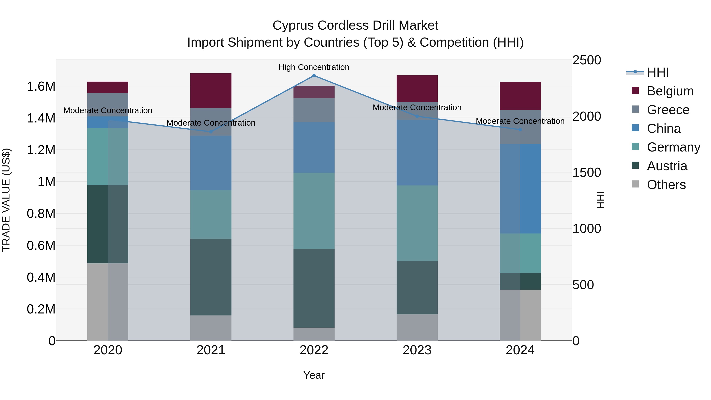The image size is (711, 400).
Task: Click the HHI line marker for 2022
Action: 314,76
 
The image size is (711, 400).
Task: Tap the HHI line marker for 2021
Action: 211,132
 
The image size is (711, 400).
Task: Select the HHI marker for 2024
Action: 520,129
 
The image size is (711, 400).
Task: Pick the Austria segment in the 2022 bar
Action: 314,288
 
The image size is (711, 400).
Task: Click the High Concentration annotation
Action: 314,67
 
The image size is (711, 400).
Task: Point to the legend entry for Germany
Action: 673,147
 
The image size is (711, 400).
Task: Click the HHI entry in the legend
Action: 658,72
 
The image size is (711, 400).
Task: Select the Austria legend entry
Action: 667,166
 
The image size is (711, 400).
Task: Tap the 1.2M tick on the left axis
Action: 41,150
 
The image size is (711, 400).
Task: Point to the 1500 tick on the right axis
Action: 587,172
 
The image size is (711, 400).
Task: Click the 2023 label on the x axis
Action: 417,350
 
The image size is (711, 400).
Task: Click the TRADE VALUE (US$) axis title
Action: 6,200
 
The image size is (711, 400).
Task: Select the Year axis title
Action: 314,375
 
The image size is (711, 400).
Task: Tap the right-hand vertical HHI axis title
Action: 601,200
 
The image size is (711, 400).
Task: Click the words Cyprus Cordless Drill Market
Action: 355,25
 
